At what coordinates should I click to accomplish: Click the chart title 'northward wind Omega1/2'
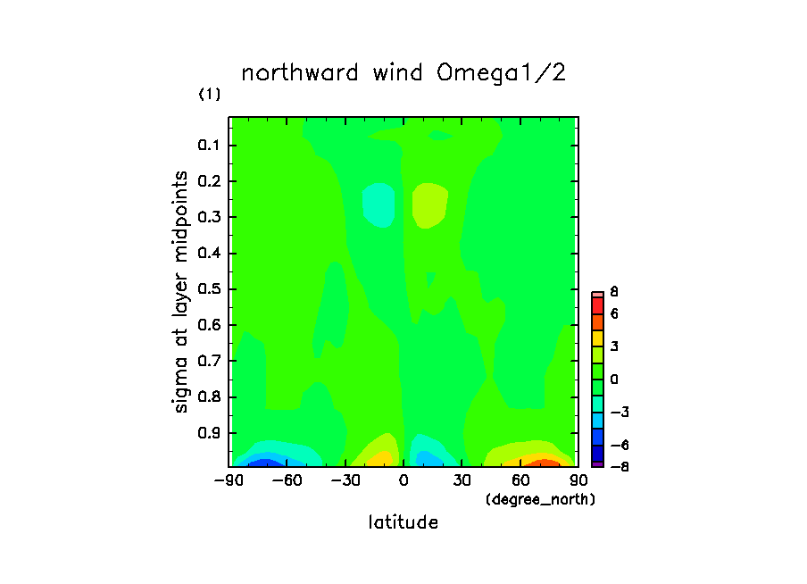[x=403, y=73]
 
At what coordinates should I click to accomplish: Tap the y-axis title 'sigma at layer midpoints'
[x=182, y=291]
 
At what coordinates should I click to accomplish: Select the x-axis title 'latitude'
[x=403, y=522]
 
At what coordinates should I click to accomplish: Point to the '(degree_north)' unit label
[x=540, y=499]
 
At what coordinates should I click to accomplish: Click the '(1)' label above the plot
[x=209, y=95]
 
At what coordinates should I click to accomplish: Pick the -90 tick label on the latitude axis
[x=227, y=480]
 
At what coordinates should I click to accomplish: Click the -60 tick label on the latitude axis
[x=285, y=480]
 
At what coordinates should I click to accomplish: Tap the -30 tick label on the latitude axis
[x=343, y=480]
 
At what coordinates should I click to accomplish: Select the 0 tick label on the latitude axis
[x=403, y=480]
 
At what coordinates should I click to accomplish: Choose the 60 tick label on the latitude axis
[x=520, y=480]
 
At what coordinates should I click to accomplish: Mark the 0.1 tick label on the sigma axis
[x=211, y=145]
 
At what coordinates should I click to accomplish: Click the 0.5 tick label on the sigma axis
[x=211, y=288]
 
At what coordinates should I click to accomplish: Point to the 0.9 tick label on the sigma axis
[x=211, y=432]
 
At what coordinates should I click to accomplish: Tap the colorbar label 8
[x=614, y=292]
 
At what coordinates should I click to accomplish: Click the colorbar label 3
[x=614, y=346]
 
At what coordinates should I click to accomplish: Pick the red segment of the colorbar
[x=597, y=304]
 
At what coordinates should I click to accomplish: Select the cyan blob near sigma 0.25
[x=379, y=205]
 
